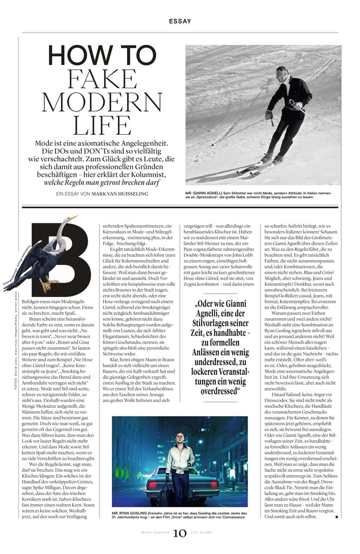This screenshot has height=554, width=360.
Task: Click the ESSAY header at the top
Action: click(x=179, y=22)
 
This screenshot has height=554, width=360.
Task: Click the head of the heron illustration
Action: click(x=71, y=220)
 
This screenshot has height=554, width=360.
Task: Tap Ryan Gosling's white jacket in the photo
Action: click(x=181, y=457)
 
